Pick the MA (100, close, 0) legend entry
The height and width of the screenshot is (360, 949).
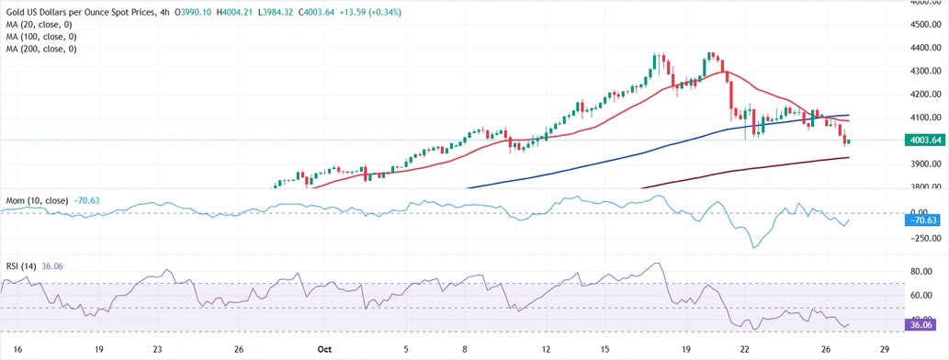pos(42,36)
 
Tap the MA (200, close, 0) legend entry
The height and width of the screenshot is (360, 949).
pos(42,48)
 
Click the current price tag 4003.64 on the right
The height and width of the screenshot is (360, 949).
pos(922,141)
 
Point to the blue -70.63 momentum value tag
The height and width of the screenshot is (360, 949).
pos(922,220)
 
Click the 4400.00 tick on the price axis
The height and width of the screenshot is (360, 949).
pos(922,47)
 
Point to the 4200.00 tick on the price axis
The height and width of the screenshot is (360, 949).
pos(922,94)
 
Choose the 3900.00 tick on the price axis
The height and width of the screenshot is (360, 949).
pos(922,163)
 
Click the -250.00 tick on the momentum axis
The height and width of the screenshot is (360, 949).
pos(921,238)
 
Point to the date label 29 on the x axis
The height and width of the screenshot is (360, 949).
pos(884,349)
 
